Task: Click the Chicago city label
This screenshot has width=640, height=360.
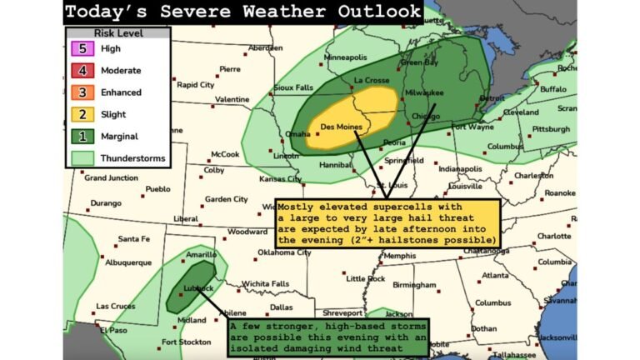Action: pyautogui.click(x=424, y=116)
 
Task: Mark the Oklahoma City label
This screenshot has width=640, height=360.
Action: pyautogui.click(x=283, y=252)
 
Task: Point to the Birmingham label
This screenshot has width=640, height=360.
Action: pyautogui.click(x=414, y=284)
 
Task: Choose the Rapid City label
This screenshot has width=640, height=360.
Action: pyautogui.click(x=196, y=84)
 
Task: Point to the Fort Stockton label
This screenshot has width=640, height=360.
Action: pyautogui.click(x=187, y=342)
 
